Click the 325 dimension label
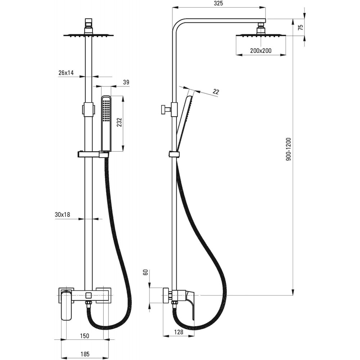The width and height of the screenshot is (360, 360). (x=219, y=4)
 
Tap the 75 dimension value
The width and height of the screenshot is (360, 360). (x=301, y=27)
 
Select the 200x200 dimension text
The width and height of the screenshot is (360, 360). (x=261, y=50)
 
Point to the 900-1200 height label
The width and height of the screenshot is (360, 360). (x=288, y=149)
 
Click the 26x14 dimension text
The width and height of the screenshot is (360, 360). (x=66, y=73)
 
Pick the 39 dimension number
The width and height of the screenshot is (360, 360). (x=126, y=82)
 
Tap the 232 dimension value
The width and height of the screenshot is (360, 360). (x=119, y=122)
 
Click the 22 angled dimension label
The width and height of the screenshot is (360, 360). (x=216, y=91)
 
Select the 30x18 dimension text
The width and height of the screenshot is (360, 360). (x=62, y=215)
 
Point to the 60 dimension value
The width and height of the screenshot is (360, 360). (x=145, y=272)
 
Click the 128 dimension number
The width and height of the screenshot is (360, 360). (x=179, y=332)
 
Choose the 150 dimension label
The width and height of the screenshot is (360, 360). (x=85, y=336)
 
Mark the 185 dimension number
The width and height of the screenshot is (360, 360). (x=85, y=354)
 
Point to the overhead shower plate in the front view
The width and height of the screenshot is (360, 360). (x=89, y=35)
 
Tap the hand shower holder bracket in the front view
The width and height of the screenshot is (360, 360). (x=93, y=154)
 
